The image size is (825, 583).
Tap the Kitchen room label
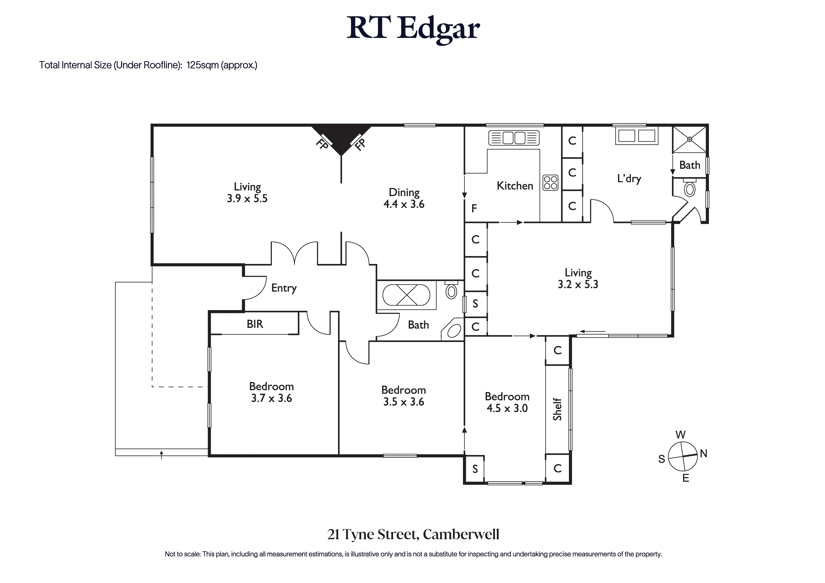pyautogui.click(x=514, y=186)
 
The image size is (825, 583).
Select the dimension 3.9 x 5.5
pyautogui.click(x=247, y=198)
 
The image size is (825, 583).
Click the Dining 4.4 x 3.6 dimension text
pyautogui.click(x=404, y=204)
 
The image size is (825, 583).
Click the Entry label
pyautogui.click(x=284, y=288)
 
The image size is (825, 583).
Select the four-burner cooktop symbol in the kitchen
pyautogui.click(x=550, y=183)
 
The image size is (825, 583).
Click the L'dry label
pyautogui.click(x=629, y=179)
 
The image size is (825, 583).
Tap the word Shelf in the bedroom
pyautogui.click(x=557, y=409)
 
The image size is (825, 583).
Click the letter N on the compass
pyautogui.click(x=703, y=454)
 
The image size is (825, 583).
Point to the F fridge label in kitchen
pyautogui.click(x=474, y=208)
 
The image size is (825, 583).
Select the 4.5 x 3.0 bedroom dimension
pyautogui.click(x=507, y=408)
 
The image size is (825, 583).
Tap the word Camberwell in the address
pyautogui.click(x=461, y=535)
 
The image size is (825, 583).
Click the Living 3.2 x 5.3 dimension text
pyautogui.click(x=578, y=284)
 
